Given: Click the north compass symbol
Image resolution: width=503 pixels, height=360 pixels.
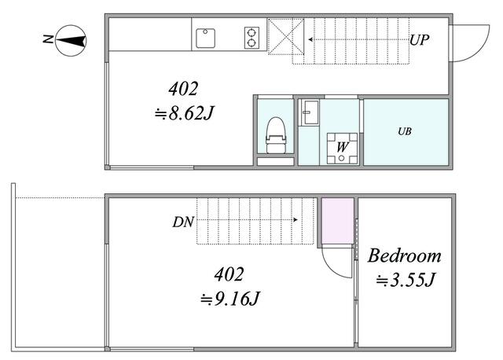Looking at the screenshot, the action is (71, 41).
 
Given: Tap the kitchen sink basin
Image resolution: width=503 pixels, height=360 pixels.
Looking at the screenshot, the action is (205, 39).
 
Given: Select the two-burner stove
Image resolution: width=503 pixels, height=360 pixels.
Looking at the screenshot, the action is (251, 38).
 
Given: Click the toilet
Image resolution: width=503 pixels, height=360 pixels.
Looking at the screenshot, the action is (276, 134).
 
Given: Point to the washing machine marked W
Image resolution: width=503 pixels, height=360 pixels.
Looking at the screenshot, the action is (342, 149).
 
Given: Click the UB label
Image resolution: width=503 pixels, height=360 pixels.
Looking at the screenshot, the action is (405, 131).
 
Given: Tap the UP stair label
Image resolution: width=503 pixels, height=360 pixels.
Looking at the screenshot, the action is (419, 40).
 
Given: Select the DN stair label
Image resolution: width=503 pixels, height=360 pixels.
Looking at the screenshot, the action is (183, 222).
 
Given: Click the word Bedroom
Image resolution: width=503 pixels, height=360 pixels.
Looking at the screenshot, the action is (405, 256).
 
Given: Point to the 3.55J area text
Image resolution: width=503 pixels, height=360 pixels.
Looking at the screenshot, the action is (406, 280).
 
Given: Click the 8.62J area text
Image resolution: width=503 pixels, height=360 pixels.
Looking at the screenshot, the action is (184, 113).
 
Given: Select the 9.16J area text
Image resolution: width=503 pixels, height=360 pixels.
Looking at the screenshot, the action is (230, 299).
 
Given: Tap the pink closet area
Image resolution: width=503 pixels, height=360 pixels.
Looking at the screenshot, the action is (337, 221).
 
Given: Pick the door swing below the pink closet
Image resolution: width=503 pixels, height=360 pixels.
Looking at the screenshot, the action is (329, 267).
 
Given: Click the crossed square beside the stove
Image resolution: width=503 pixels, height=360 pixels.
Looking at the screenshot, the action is (286, 37).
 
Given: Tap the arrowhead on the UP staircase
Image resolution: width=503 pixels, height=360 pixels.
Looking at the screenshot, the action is (311, 40).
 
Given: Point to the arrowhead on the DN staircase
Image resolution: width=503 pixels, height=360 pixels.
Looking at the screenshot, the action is (296, 220).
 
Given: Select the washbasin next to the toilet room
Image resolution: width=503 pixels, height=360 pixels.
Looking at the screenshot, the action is (310, 112).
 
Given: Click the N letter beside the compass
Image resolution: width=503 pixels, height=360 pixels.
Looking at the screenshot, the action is (48, 39).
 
